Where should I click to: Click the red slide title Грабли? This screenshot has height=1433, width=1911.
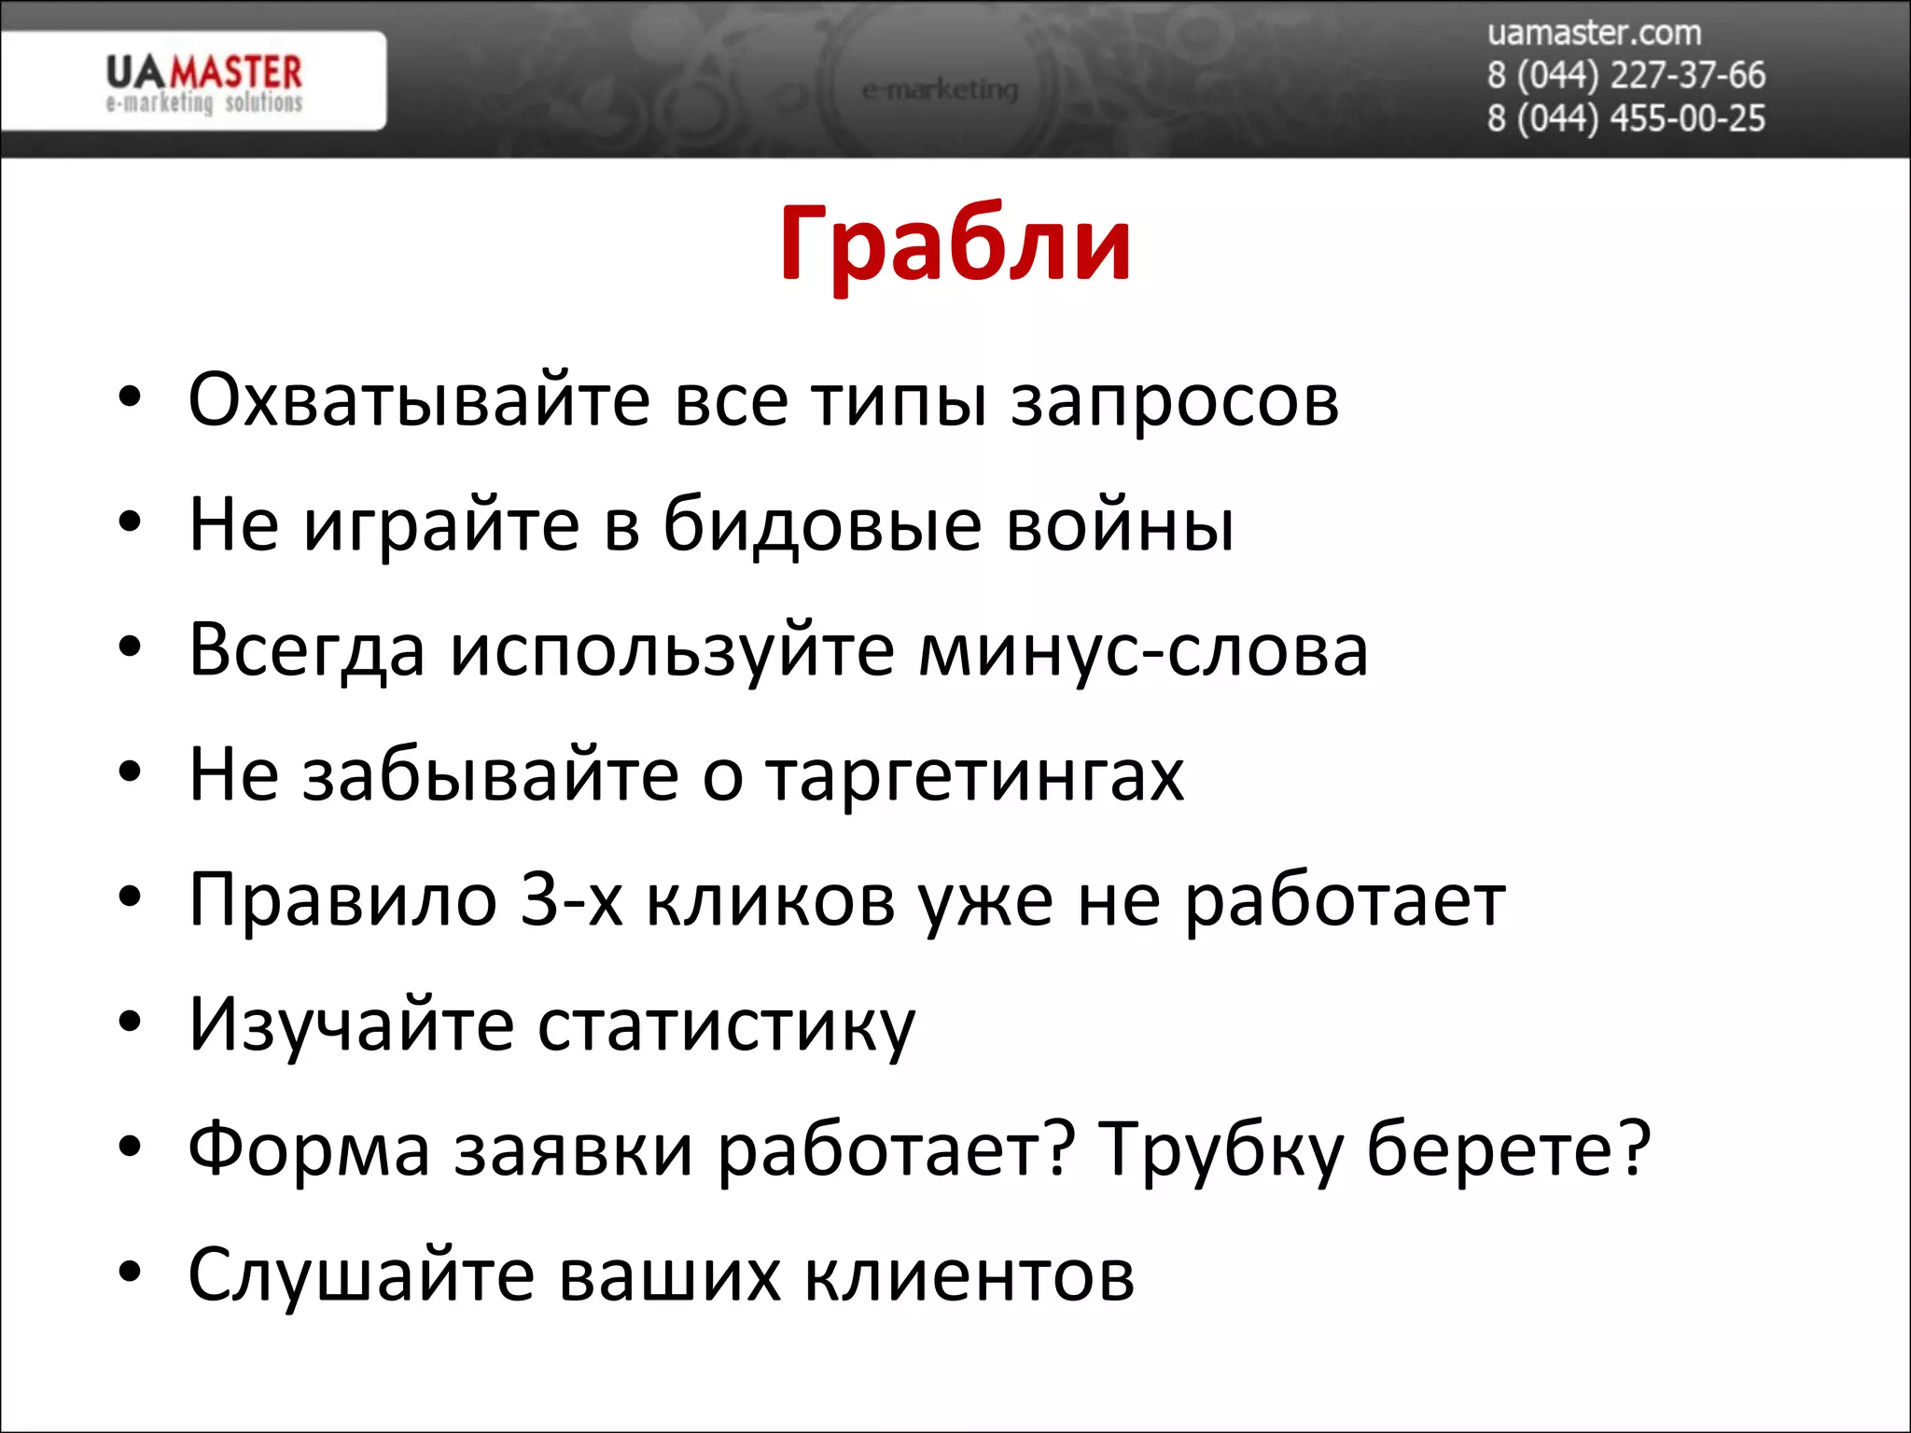click(955, 244)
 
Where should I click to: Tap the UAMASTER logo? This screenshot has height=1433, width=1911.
click(204, 82)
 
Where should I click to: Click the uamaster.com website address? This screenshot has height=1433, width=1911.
click(1594, 34)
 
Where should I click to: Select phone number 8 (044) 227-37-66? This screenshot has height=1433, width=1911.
click(1625, 76)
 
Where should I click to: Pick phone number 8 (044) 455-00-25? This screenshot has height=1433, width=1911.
click(1625, 118)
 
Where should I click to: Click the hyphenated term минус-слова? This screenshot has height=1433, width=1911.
click(1143, 650)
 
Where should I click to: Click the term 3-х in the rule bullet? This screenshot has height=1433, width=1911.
click(571, 900)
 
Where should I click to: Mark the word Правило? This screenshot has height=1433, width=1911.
click(342, 900)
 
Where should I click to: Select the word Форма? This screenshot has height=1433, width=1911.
click(309, 1150)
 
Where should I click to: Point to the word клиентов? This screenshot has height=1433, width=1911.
click(969, 1274)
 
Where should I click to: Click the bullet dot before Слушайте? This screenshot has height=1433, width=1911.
click(130, 1273)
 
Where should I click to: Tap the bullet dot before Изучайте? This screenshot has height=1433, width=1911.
click(130, 1023)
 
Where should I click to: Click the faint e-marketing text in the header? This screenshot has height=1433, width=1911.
click(940, 90)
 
